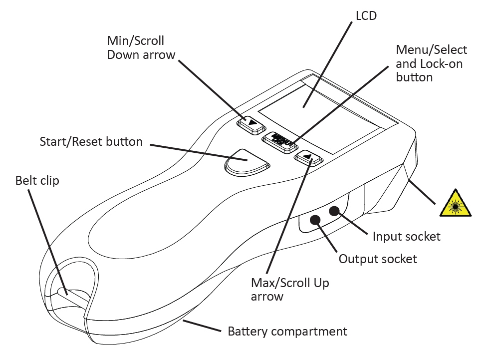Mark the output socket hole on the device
click(315, 219)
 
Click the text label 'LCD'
click(366, 16)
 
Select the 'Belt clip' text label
click(37, 180)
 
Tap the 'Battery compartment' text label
click(287, 331)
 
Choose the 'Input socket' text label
click(407, 236)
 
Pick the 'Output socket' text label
click(378, 259)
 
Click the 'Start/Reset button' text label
click(91, 142)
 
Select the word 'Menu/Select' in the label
click(431, 50)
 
